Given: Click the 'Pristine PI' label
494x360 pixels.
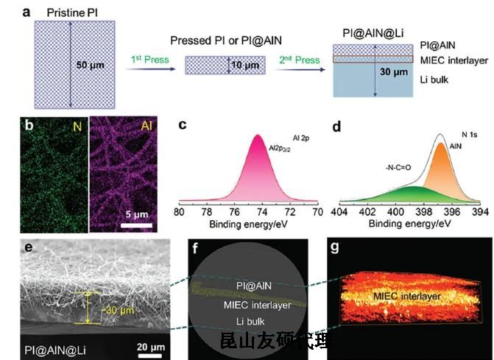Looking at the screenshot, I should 73,13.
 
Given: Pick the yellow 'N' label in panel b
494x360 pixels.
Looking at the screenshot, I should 76,126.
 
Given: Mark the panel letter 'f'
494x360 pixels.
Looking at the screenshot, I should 195,247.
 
